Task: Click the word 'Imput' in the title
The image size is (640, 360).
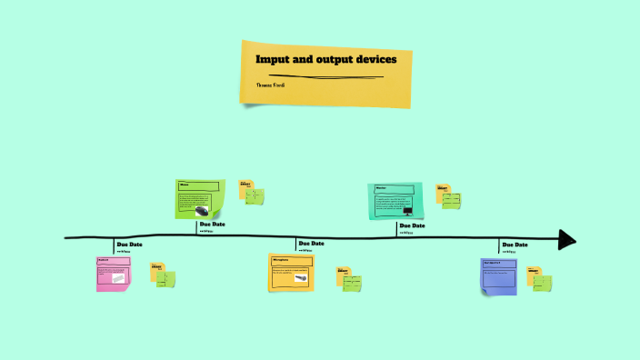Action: click(x=270, y=59)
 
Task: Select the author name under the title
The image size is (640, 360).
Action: click(x=272, y=85)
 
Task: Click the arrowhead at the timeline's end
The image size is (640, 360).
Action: click(x=567, y=239)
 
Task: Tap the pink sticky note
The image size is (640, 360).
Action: click(x=113, y=274)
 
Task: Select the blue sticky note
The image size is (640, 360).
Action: click(x=498, y=275)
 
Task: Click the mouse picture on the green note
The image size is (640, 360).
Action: click(x=202, y=211)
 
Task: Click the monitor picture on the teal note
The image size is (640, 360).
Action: click(x=407, y=212)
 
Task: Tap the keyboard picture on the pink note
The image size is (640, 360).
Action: click(x=118, y=279)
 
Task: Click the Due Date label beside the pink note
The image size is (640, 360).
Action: click(x=129, y=245)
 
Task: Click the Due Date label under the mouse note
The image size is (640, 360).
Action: click(x=213, y=225)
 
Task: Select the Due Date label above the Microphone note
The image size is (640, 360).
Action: click(x=311, y=244)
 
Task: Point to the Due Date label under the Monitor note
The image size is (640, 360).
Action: click(x=412, y=225)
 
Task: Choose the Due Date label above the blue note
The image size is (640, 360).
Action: click(x=515, y=245)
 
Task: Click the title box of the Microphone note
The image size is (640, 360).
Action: click(x=291, y=261)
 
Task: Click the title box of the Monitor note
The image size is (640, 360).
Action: click(x=395, y=189)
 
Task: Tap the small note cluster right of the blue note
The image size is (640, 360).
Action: click(x=539, y=277)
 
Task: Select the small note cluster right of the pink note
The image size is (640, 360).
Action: click(x=162, y=276)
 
